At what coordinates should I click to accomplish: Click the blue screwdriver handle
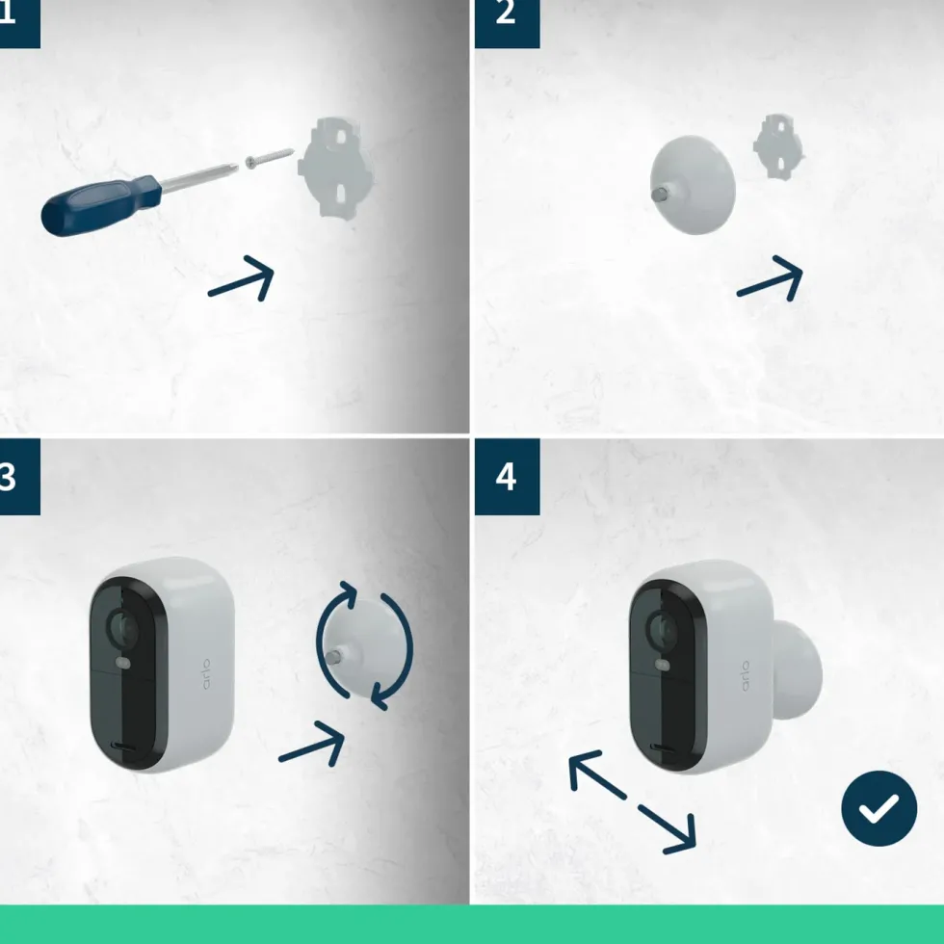click(100, 205)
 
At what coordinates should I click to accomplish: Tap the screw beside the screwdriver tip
click(269, 158)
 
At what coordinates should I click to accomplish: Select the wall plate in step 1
click(336, 168)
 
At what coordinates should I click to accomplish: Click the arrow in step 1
click(242, 278)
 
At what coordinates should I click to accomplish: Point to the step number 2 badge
click(507, 23)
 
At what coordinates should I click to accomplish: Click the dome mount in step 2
click(693, 185)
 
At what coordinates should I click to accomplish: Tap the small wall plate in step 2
click(778, 146)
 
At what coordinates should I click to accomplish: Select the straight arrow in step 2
click(770, 278)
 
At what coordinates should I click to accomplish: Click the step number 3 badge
click(20, 477)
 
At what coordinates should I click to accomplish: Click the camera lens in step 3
click(121, 626)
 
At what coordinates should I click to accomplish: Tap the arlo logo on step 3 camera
click(206, 673)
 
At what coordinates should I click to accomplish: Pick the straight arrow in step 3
click(312, 744)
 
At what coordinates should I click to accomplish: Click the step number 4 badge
click(507, 477)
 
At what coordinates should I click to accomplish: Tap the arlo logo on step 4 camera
click(746, 675)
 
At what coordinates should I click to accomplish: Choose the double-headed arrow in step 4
click(633, 801)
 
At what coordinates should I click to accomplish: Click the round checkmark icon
click(878, 808)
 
